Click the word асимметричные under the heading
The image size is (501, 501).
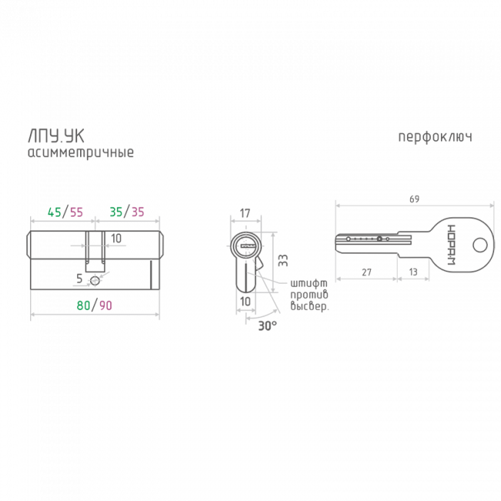point(80,153)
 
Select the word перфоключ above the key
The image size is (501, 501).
point(434,138)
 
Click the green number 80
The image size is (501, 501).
point(84,305)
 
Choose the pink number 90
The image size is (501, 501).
point(106,305)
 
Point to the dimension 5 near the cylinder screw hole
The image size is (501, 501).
point(79,277)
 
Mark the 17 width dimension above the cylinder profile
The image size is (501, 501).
point(245,211)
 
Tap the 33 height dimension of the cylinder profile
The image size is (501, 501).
point(281,261)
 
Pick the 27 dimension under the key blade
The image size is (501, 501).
point(366,272)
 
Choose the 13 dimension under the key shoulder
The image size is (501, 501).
point(414,272)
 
